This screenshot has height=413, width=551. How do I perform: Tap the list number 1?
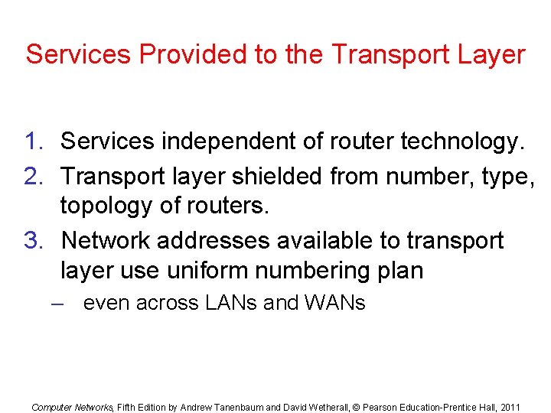pyautogui.click(x=34, y=141)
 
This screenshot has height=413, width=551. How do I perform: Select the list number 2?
pyautogui.click(x=34, y=176)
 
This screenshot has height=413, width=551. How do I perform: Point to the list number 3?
pyautogui.click(x=34, y=241)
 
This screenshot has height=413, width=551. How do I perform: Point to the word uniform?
pyautogui.click(x=216, y=270)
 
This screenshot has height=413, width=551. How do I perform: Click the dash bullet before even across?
pyautogui.click(x=54, y=304)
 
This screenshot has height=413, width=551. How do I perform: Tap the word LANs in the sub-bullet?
pyautogui.click(x=231, y=304)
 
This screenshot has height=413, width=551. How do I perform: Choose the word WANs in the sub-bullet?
pyautogui.click(x=334, y=304)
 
